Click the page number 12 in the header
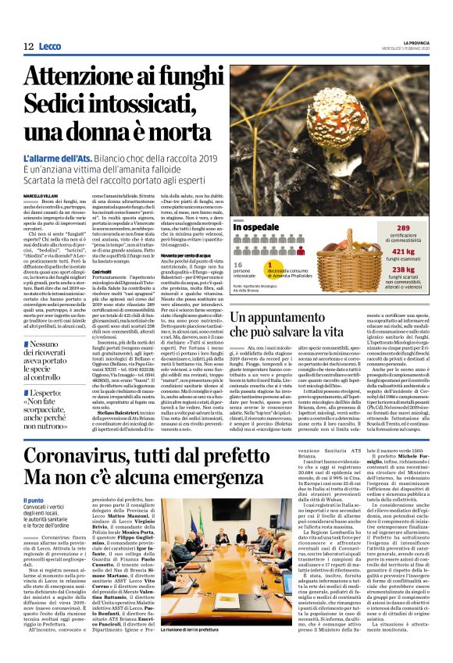[x=29, y=47]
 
